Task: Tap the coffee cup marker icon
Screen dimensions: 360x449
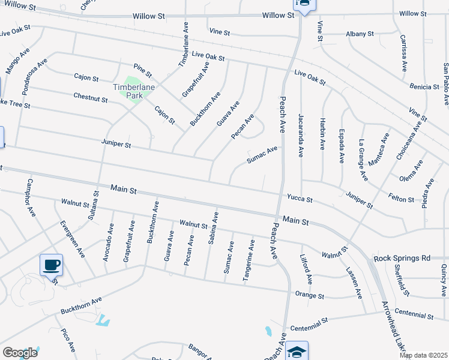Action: tap(51, 265)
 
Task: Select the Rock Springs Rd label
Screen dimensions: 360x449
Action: tap(402, 258)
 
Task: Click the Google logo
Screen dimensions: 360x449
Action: tap(20, 353)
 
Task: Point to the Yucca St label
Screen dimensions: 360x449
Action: tap(300, 199)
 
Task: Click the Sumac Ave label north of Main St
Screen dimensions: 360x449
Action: tap(263, 155)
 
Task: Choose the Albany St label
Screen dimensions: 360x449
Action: tap(360, 34)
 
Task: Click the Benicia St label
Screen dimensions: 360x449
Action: tap(425, 87)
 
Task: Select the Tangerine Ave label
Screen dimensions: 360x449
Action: tap(249, 260)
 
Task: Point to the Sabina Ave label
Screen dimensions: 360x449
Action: tap(213, 229)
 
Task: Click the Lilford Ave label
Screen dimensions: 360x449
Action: tap(306, 269)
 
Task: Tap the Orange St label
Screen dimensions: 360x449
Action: tap(310, 295)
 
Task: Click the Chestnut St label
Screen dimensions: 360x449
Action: tap(91, 97)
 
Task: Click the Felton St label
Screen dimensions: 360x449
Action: tap(401, 199)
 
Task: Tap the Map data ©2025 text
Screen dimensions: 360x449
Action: tap(423, 355)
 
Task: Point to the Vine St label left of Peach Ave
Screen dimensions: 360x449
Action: tap(219, 32)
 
